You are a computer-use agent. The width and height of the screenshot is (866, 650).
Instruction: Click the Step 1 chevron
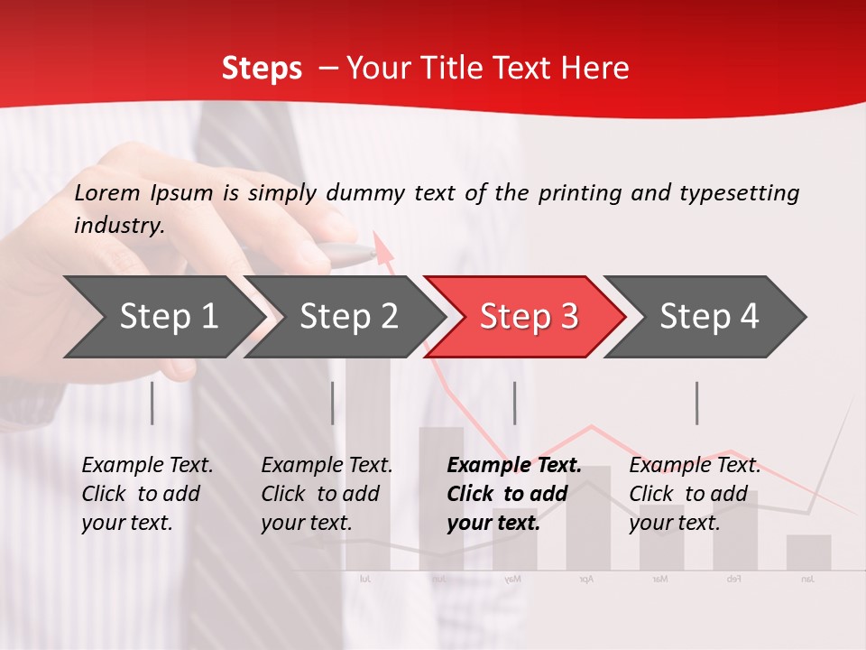pyautogui.click(x=162, y=316)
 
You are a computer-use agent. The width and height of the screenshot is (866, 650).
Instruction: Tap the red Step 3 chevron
pyautogui.click(x=529, y=316)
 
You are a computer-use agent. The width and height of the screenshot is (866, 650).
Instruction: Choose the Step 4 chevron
pyautogui.click(x=709, y=316)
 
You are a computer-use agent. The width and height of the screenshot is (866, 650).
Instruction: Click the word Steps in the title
pyautogui.click(x=262, y=68)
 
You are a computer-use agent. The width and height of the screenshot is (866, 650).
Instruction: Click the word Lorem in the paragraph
pyautogui.click(x=106, y=192)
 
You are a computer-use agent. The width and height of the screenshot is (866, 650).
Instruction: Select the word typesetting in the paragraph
pyautogui.click(x=739, y=192)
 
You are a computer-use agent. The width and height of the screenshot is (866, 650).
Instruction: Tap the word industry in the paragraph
pyautogui.click(x=119, y=225)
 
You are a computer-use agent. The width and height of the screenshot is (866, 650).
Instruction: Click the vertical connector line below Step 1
pyautogui.click(x=152, y=403)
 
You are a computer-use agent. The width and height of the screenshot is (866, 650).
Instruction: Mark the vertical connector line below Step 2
pyautogui.click(x=333, y=403)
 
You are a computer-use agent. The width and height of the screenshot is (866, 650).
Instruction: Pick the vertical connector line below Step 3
pyautogui.click(x=514, y=403)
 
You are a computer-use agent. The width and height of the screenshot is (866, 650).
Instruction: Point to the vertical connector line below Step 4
pyautogui.click(x=696, y=403)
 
